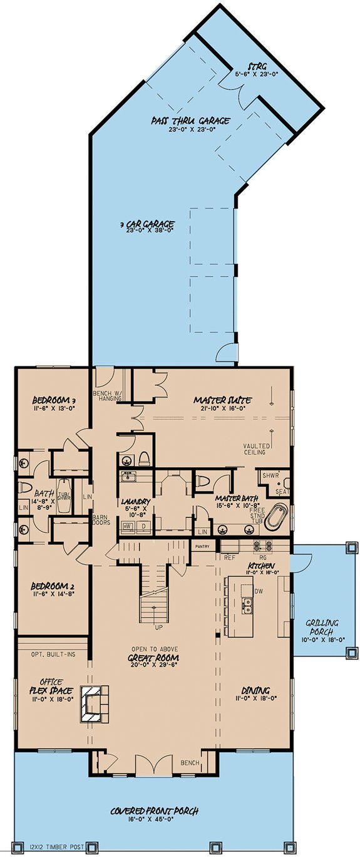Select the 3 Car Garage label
[148, 224]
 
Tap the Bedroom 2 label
[53, 587]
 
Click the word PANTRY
[202, 546]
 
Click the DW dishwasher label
[257, 591]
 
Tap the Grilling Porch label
[322, 627]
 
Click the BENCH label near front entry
[190, 764]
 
